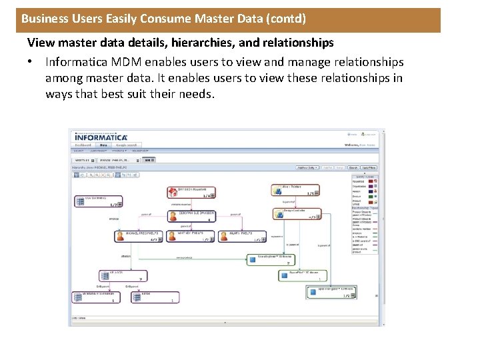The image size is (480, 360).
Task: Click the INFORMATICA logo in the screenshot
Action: click(x=101, y=137)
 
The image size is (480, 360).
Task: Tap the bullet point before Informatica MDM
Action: click(x=31, y=62)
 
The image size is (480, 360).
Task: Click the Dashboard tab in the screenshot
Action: click(x=83, y=145)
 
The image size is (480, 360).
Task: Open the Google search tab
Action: click(x=126, y=145)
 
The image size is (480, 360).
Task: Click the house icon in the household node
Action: click(x=174, y=192)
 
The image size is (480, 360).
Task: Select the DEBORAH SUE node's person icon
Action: click(x=174, y=215)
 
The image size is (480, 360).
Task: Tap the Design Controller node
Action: click(x=297, y=213)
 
